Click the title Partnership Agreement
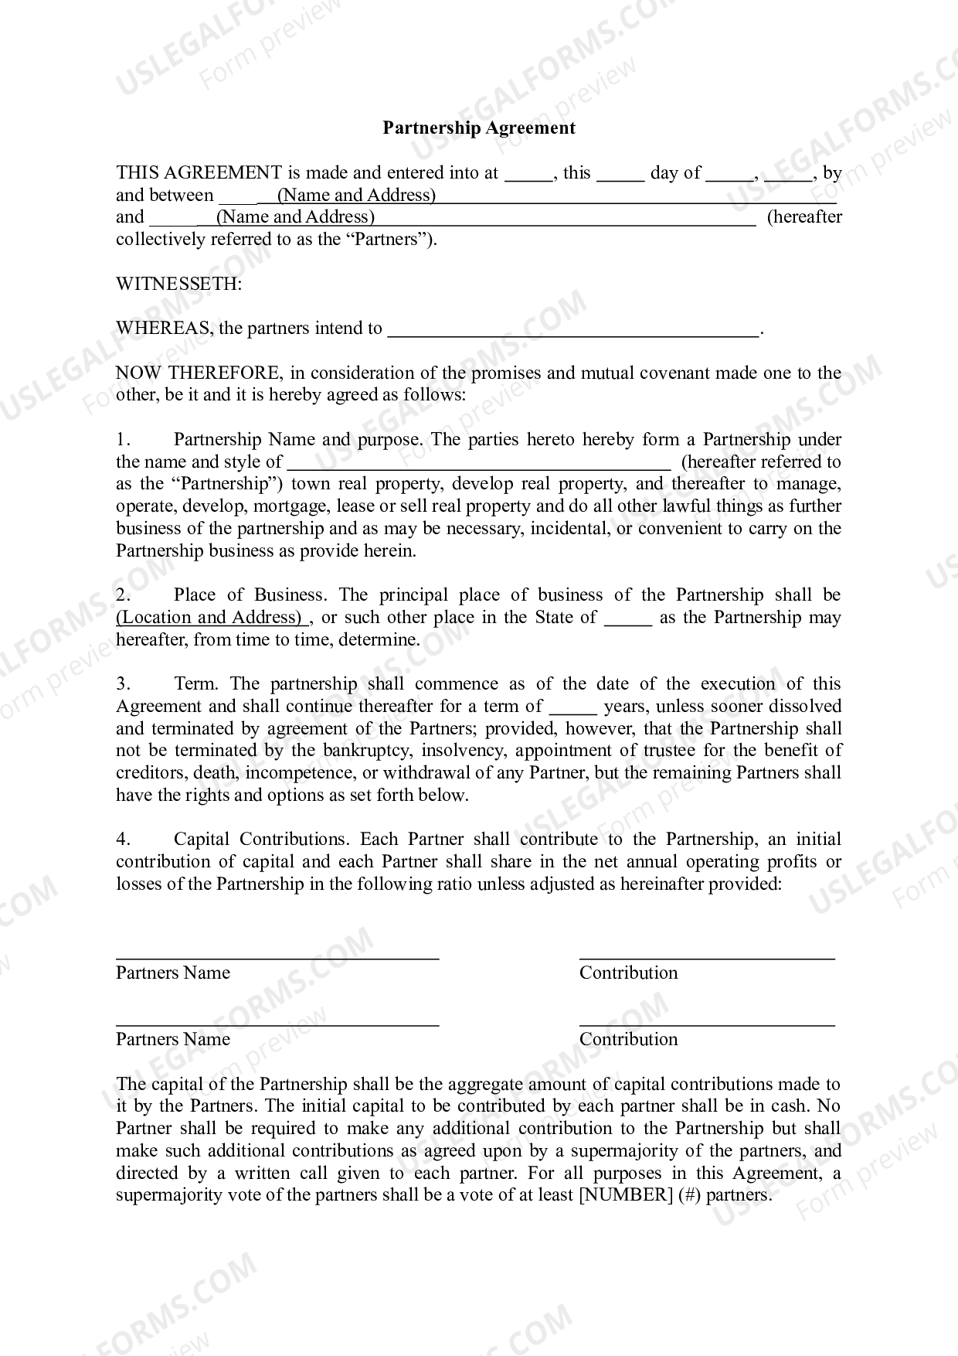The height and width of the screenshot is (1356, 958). (479, 128)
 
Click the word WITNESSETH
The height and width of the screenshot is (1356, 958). (178, 284)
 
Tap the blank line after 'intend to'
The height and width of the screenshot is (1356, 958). (572, 331)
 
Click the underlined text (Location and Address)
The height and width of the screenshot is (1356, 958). (210, 618)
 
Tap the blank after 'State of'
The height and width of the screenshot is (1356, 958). (627, 619)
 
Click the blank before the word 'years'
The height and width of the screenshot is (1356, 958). (572, 708)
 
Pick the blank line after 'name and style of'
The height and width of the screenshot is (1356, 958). (479, 465)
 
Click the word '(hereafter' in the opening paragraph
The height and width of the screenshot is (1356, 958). (803, 217)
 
